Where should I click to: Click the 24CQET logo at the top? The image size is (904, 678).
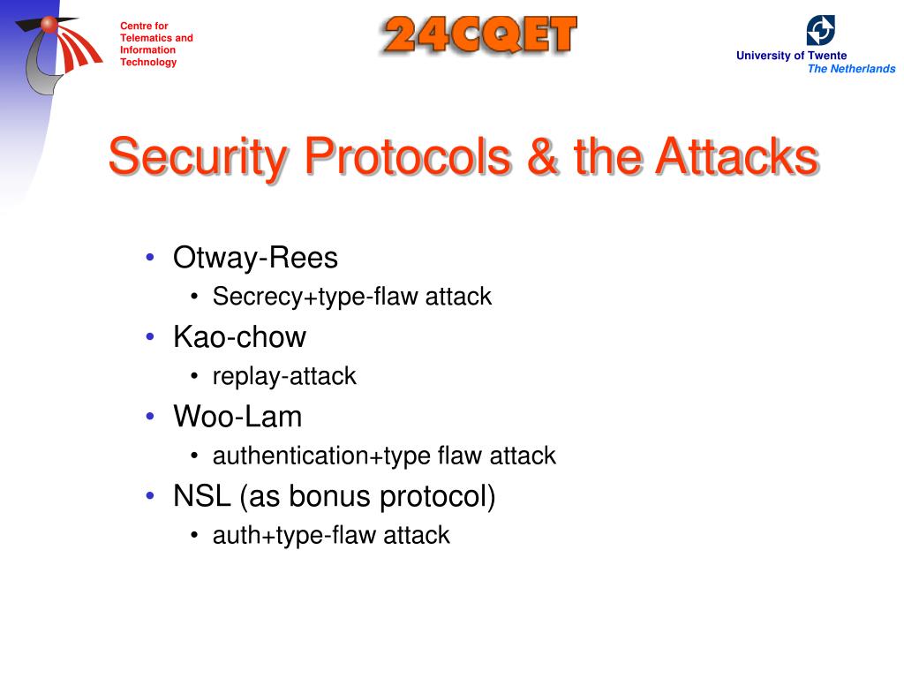coord(479,36)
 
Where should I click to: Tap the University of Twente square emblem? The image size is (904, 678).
coord(820,30)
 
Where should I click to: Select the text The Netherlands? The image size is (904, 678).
coord(851,69)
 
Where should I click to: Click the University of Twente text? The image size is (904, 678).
coord(791,56)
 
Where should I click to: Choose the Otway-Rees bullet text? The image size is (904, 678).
coord(255,258)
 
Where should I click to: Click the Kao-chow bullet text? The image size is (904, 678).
coord(239,337)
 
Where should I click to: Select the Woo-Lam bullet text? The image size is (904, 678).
coord(237,417)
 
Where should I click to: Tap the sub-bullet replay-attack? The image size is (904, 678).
coord(284,376)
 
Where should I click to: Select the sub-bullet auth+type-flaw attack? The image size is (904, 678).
coord(331,535)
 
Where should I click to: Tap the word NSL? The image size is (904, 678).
coord(201,496)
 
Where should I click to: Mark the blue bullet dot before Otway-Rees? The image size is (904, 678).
coord(151,257)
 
